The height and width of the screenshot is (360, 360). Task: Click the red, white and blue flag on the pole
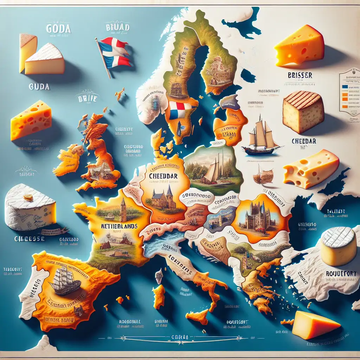(113, 53)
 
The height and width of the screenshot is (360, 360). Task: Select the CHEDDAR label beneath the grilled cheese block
(304, 141)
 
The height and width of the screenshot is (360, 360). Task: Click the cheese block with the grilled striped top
(303, 112)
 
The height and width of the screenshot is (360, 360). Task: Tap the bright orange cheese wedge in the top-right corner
(299, 46)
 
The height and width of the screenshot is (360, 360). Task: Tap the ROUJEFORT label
(340, 273)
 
